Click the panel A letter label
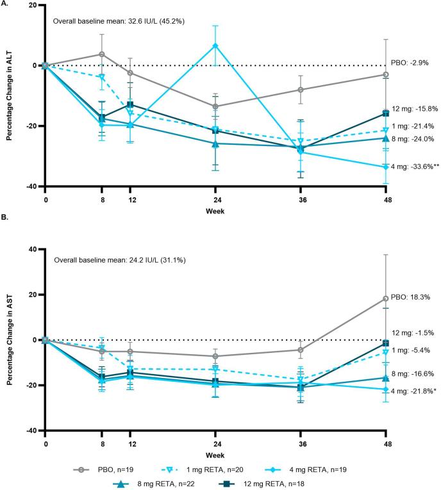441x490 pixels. point(5,4)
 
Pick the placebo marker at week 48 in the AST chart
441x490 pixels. point(385,298)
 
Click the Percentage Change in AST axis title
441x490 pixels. point(8,340)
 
